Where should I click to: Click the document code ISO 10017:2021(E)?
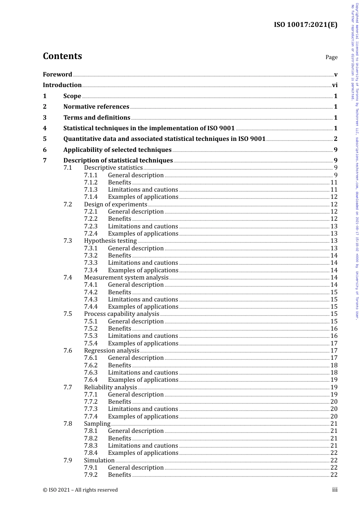click(305, 25)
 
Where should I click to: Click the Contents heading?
click(62, 56)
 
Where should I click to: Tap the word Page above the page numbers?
click(331, 57)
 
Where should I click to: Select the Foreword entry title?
click(57, 75)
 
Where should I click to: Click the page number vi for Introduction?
click(335, 85)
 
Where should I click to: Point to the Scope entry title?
click(72, 96)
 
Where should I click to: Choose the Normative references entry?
click(96, 107)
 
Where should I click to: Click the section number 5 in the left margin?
click(45, 139)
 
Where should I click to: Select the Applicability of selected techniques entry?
click(117, 150)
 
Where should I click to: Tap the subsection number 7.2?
click(68, 205)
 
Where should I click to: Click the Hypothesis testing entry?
click(110, 241)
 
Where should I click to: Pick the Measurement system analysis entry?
click(126, 278)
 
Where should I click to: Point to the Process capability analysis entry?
click(122, 314)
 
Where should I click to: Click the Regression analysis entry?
click(111, 351)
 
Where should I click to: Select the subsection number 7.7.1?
click(91, 395)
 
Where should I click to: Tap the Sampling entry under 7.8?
click(97, 424)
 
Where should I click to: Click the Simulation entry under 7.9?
click(99, 461)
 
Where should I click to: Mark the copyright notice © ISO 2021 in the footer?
click(80, 490)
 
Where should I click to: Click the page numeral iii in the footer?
click(335, 490)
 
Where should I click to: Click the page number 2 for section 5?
click(335, 139)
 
